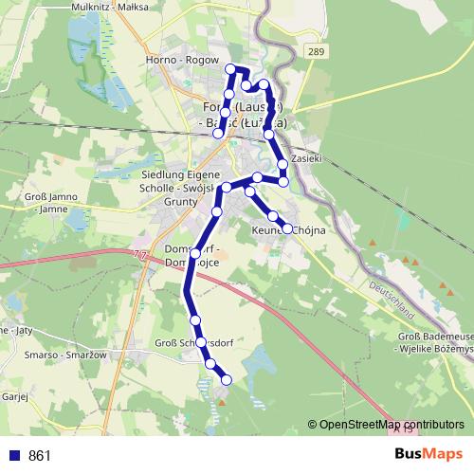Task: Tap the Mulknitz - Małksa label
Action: [106, 6]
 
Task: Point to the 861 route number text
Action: [40, 456]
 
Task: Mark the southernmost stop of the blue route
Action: [227, 380]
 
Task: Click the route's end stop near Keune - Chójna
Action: [287, 228]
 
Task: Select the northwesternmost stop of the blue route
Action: [229, 68]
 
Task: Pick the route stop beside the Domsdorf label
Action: [196, 253]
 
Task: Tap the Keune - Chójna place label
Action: [288, 230]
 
